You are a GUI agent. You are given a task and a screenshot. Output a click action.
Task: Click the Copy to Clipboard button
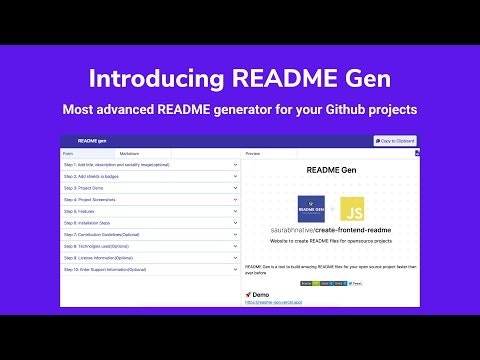click(x=395, y=141)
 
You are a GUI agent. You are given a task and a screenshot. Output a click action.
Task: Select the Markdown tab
click(x=130, y=154)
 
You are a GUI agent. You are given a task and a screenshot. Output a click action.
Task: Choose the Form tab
click(x=68, y=154)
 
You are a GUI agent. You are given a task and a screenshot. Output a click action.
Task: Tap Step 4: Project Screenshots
click(x=95, y=199)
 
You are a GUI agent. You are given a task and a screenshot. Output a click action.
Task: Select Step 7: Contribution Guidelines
click(x=106, y=234)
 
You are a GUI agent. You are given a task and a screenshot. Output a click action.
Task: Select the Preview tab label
click(x=253, y=154)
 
